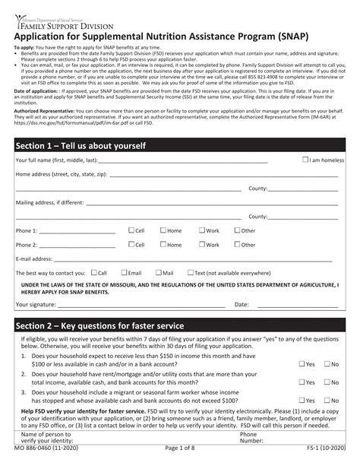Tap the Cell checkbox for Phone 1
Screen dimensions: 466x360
[x=130, y=230]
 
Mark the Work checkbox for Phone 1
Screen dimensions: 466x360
[x=202, y=230]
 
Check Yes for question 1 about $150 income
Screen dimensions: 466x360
[x=300, y=363]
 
